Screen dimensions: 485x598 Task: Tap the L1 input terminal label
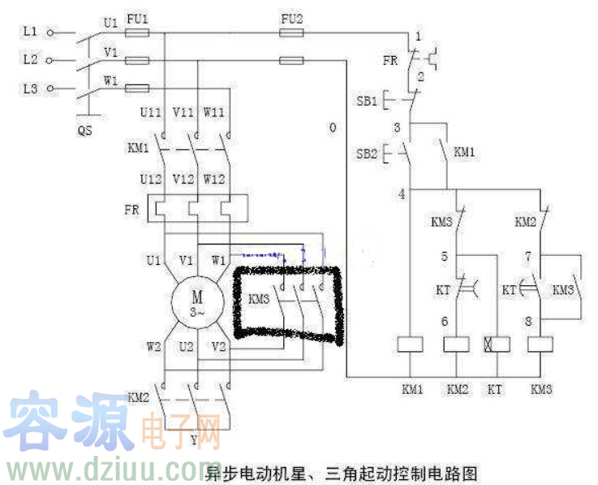30,32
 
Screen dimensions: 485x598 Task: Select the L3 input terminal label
30,88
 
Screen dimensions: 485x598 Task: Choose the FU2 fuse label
291,17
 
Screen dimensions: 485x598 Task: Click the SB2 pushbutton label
367,153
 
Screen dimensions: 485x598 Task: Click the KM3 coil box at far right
540,344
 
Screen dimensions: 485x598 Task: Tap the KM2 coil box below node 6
455,344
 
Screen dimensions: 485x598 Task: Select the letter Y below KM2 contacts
193,440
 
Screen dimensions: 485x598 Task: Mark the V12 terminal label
186,178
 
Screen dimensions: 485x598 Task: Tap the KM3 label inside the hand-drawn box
259,298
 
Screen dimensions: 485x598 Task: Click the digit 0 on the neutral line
333,128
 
